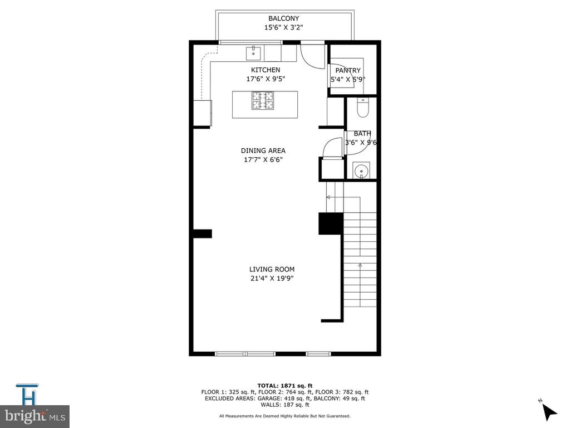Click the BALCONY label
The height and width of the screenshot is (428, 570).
(283, 18)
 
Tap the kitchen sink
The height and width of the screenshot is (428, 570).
(253, 53)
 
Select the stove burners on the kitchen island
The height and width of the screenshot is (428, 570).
(263, 100)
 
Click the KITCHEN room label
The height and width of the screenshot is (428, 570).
(266, 70)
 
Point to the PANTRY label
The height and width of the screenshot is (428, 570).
(348, 70)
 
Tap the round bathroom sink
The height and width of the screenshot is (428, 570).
(361, 171)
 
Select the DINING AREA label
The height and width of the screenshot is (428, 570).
(263, 150)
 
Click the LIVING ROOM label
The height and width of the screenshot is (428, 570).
(272, 269)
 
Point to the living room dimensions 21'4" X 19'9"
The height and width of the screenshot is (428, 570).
(272, 279)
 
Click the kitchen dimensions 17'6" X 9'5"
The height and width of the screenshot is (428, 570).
(266, 79)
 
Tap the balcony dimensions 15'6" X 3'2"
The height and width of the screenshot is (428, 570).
(283, 27)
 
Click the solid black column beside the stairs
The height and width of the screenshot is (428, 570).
(331, 223)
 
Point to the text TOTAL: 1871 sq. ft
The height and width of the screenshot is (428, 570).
(285, 386)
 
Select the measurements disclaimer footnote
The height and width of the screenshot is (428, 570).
(284, 416)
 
